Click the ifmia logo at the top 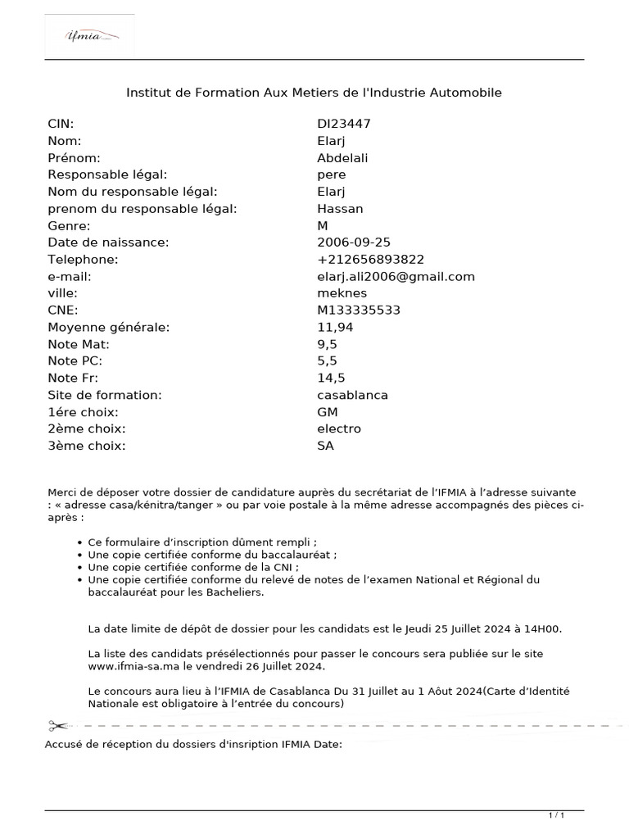[x=90, y=35]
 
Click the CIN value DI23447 [x=344, y=124]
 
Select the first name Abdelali [x=342, y=157]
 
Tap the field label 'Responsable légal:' [x=107, y=175]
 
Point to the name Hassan [x=340, y=208]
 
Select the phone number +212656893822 [x=370, y=260]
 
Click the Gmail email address [x=396, y=276]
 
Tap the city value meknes [x=342, y=293]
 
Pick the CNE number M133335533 [x=359, y=311]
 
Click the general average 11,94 [x=335, y=327]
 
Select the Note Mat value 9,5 [x=328, y=344]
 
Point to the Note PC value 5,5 [x=328, y=361]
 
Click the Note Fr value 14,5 [x=331, y=378]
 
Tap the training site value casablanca [x=352, y=395]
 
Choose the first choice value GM [x=328, y=412]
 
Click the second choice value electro [x=339, y=429]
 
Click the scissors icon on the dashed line [x=58, y=726]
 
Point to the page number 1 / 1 [x=556, y=815]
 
